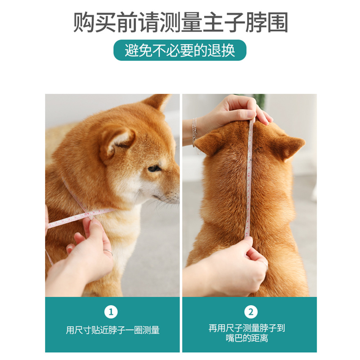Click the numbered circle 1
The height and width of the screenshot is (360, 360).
tap(111, 312)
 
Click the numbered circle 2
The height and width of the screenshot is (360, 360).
tap(251, 312)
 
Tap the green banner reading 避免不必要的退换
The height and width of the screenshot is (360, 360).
tap(180, 50)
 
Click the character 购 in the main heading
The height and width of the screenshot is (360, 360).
tap(84, 22)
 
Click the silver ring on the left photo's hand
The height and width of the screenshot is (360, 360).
tap(108, 252)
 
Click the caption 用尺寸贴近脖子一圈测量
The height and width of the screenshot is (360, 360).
tap(112, 330)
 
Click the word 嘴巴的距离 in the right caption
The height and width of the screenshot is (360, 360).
tap(247, 338)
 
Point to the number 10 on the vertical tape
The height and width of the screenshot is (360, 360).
tap(248, 176)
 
